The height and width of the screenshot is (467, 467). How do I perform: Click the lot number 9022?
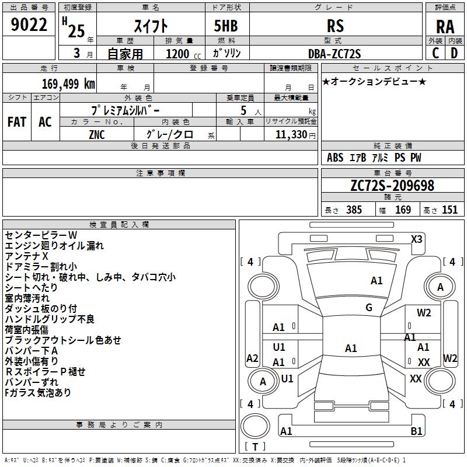tap(29, 25)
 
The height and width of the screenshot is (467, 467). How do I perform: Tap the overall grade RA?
tap(445, 26)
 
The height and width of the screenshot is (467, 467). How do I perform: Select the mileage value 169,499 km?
tap(68, 84)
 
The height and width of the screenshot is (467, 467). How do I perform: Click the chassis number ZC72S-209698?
tap(392, 186)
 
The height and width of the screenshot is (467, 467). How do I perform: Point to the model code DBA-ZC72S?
tap(334, 54)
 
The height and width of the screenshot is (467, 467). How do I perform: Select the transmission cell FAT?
tap(17, 122)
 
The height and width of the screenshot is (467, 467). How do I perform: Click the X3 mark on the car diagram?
tap(416, 239)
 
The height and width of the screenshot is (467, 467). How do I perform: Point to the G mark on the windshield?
tap(368, 307)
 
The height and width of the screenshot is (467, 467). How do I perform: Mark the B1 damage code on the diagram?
tap(416, 431)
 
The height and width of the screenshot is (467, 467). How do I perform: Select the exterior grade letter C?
tap(435, 53)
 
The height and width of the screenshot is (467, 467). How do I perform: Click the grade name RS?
tap(336, 26)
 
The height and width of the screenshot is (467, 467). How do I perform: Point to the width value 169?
tap(403, 210)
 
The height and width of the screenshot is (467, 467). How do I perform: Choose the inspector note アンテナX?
tap(26, 256)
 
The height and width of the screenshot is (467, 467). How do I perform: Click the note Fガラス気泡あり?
tap(38, 393)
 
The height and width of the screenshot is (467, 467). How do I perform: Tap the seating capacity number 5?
tap(243, 110)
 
